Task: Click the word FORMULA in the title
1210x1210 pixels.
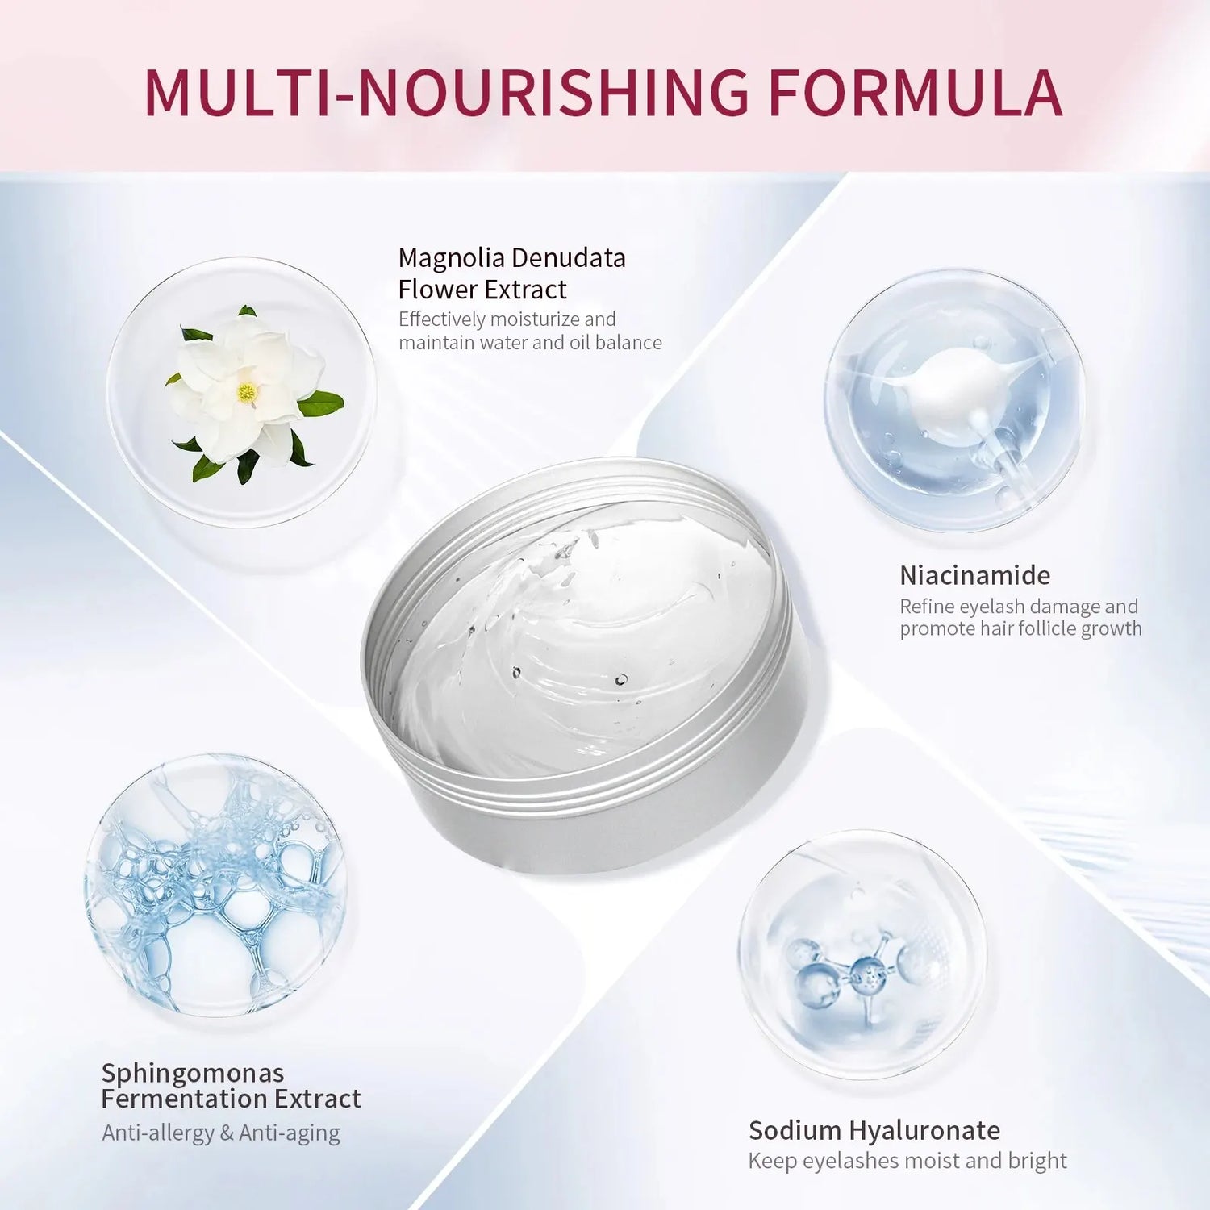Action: click(915, 93)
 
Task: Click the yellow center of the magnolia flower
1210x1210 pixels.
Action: click(247, 393)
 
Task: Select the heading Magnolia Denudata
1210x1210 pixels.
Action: click(511, 257)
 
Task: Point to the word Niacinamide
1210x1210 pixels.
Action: click(974, 575)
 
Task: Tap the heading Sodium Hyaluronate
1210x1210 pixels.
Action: click(874, 1130)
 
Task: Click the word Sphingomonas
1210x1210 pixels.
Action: click(192, 1073)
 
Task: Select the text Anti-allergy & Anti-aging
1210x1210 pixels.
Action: click(221, 1133)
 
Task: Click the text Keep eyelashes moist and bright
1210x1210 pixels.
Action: click(907, 1161)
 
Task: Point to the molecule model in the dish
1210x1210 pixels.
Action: click(859, 972)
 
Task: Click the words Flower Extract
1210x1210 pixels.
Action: click(482, 290)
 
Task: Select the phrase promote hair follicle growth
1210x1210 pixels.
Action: click(1020, 628)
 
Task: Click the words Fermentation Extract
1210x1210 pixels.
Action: click(231, 1099)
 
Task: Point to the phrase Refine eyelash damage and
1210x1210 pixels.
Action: click(1019, 606)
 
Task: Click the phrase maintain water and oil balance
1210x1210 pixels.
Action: click(530, 343)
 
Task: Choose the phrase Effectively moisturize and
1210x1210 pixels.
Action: click(507, 319)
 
